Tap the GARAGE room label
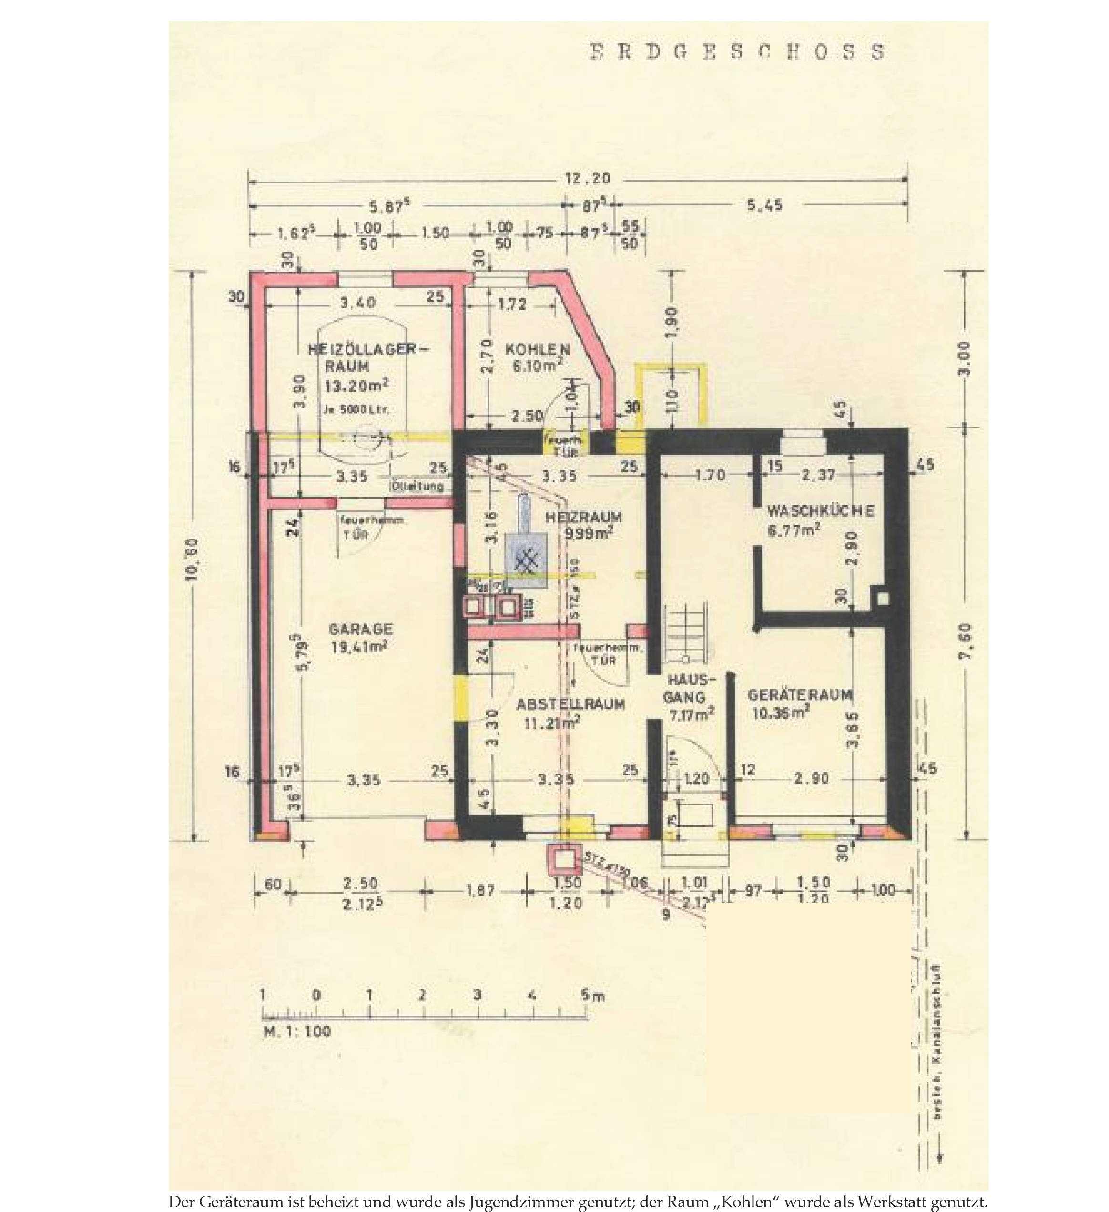(361, 630)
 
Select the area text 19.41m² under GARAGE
(359, 646)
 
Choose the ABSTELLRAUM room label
(570, 704)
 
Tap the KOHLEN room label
(538, 349)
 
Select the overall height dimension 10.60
(192, 567)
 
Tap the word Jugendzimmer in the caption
(517, 1202)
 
